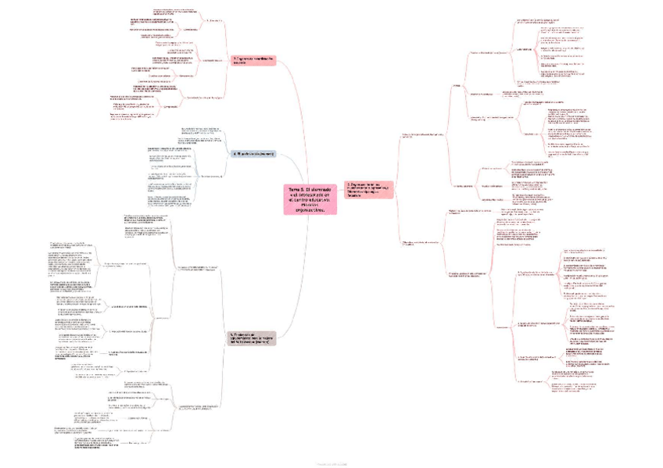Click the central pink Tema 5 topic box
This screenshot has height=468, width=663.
309,198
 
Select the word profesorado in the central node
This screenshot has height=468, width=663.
312,194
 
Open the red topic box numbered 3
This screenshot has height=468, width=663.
254,61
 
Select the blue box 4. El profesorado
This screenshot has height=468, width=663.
252,154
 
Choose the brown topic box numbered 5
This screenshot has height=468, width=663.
252,338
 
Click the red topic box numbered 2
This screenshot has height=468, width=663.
367,189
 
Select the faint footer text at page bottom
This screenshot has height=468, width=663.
331,463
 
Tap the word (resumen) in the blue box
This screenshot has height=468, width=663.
263,154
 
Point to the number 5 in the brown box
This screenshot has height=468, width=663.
231,334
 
